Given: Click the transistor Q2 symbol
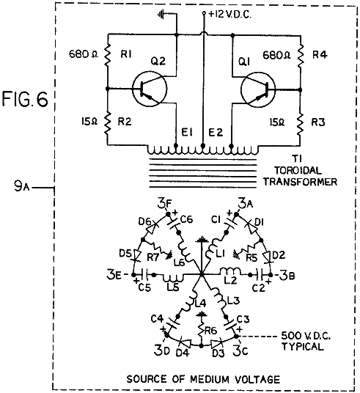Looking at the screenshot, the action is [x=150, y=89].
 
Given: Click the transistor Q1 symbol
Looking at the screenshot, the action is [x=258, y=89].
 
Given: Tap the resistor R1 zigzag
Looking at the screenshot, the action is [x=108, y=54].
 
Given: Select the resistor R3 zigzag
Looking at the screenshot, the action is [x=301, y=123].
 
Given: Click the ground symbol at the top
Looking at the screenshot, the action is [x=161, y=15].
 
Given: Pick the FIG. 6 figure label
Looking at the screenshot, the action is [x=25, y=99].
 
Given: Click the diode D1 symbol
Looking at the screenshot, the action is [x=251, y=227].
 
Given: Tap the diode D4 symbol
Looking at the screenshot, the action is [x=185, y=342].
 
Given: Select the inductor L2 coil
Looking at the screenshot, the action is [x=230, y=271].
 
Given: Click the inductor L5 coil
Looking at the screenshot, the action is [x=173, y=277].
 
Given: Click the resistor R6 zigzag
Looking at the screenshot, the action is [x=201, y=331].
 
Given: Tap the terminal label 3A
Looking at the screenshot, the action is [x=246, y=205].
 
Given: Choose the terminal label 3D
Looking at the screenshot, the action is [x=162, y=351].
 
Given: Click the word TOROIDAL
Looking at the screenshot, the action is [x=298, y=171].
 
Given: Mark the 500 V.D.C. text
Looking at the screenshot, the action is [x=306, y=335].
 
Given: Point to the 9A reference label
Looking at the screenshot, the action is [x=22, y=186].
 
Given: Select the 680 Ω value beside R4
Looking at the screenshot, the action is [x=276, y=56].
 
